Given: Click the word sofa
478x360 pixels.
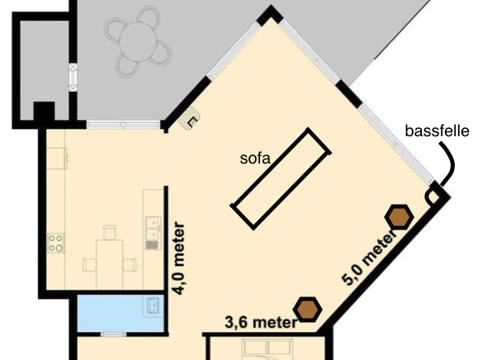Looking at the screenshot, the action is point(255,159).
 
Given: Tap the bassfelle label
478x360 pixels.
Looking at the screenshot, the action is point(438,131).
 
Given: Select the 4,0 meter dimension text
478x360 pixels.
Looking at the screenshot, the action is point(179,258).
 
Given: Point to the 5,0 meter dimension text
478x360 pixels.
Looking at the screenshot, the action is point(369,259).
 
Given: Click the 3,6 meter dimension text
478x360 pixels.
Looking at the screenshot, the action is point(261,322).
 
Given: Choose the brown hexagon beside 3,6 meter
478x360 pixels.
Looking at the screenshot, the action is point(308,310).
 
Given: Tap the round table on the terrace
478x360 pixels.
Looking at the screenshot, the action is point(138,42).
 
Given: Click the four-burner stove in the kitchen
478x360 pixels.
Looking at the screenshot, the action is point(56,243).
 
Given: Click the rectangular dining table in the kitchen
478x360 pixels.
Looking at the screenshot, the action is point(110,264).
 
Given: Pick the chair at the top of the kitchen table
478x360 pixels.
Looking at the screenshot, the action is point(110,232).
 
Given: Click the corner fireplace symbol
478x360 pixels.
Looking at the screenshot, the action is point(190,119).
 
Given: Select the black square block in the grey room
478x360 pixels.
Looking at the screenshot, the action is point(44,111).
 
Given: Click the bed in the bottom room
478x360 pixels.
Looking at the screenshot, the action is point(267,349).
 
